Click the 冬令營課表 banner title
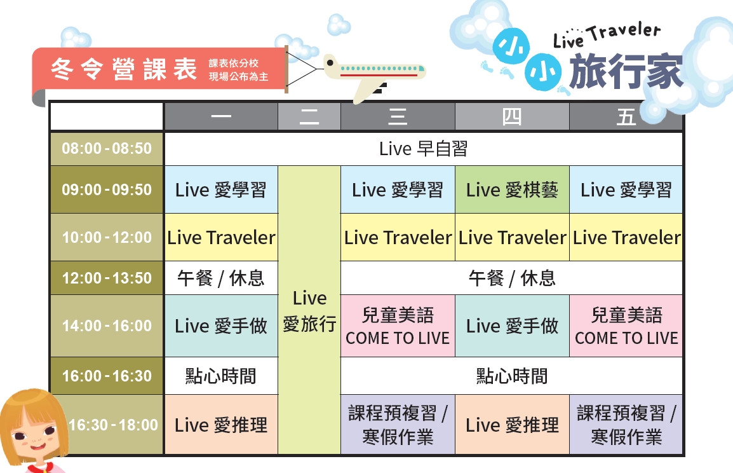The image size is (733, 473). pyautogui.click(x=124, y=69)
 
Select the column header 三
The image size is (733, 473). pyautogui.click(x=398, y=116)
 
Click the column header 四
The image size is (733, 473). pyautogui.click(x=512, y=116)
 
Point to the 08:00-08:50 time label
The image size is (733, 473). pyautogui.click(x=107, y=149)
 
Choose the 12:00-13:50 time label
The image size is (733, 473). pyautogui.click(x=107, y=278)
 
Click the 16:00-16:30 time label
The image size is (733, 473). pyautogui.click(x=107, y=376)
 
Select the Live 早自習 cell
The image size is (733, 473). pyautogui.click(x=424, y=149)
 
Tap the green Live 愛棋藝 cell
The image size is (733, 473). pyautogui.click(x=512, y=190)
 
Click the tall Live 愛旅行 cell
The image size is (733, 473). pyautogui.click(x=309, y=310)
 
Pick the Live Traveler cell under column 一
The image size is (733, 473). pyautogui.click(x=221, y=238)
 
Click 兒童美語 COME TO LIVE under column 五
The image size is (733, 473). pyautogui.click(x=626, y=326)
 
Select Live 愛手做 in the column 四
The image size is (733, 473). pyautogui.click(x=512, y=326)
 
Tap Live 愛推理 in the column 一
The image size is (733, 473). pyautogui.click(x=221, y=425)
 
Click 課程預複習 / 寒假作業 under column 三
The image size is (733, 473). pyautogui.click(x=398, y=425)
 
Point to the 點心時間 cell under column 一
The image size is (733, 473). pyautogui.click(x=221, y=376)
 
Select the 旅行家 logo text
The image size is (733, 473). pyautogui.click(x=626, y=71)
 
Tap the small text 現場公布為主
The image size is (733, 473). pyautogui.click(x=238, y=77)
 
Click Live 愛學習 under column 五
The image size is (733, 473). pyautogui.click(x=626, y=190)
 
